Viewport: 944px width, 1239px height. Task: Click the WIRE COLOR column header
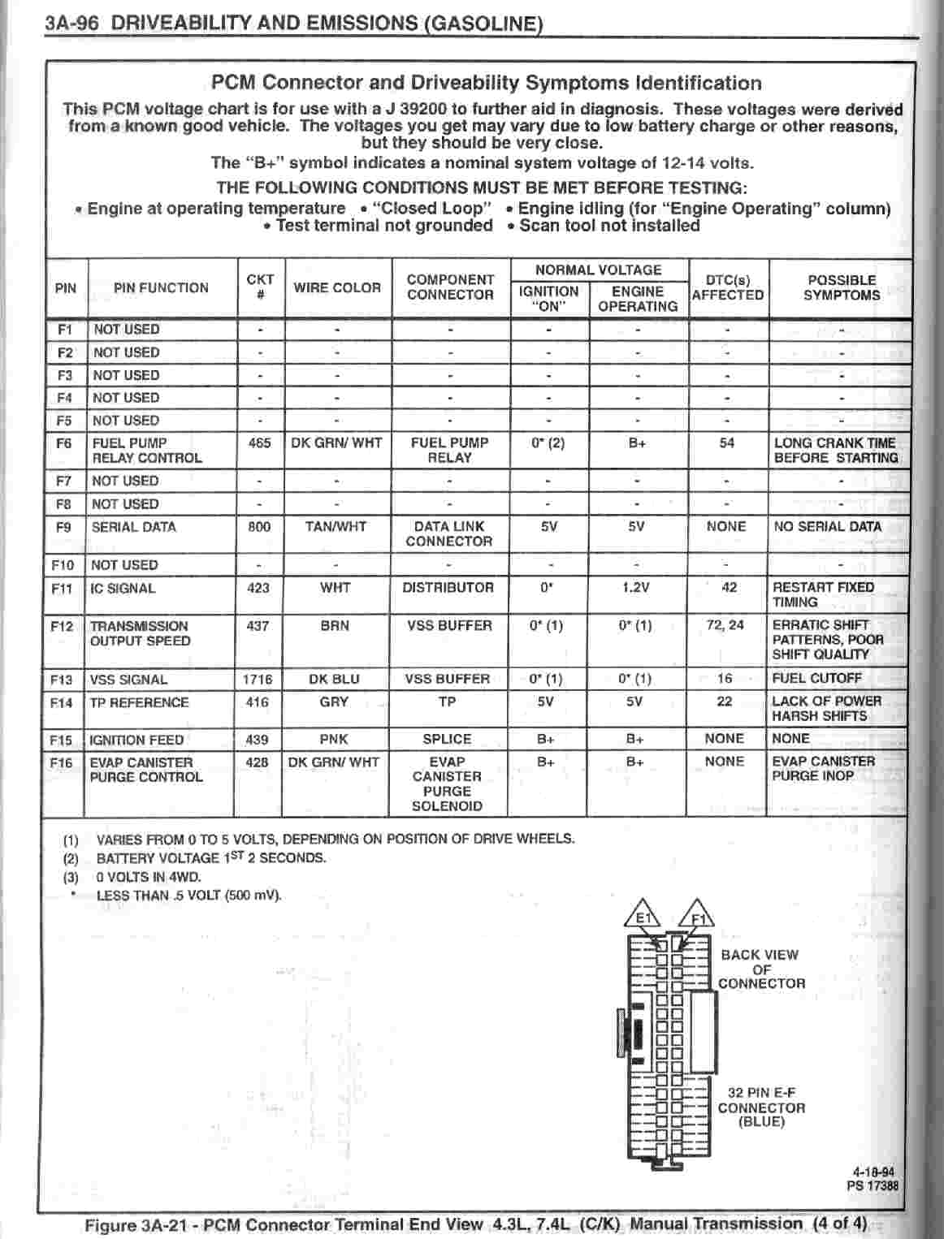point(336,287)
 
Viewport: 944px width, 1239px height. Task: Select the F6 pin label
point(64,443)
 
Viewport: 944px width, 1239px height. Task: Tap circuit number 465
point(259,443)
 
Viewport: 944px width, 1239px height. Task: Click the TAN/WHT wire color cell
point(336,527)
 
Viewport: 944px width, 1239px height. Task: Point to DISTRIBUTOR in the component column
point(448,588)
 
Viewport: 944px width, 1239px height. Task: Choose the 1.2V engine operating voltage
point(635,588)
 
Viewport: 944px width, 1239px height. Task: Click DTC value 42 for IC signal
point(729,587)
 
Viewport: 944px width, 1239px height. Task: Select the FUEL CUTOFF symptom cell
point(816,678)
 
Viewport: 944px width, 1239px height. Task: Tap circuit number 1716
point(258,680)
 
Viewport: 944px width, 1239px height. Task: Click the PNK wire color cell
point(334,740)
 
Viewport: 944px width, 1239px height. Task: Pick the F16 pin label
point(61,763)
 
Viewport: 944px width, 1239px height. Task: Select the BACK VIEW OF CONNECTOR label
point(761,969)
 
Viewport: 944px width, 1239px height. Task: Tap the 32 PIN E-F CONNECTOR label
point(761,1107)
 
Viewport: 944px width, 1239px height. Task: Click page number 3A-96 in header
point(72,22)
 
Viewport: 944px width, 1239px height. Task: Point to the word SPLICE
point(447,740)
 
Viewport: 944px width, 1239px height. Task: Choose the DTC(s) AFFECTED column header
point(727,287)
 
